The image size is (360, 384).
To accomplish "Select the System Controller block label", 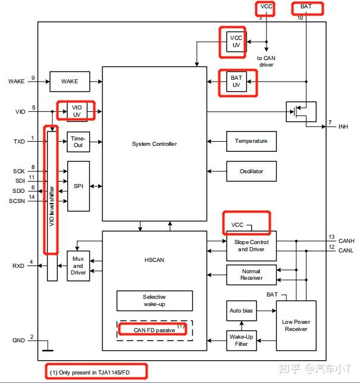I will click(154, 143).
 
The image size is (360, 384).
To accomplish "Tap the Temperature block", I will click(251, 141).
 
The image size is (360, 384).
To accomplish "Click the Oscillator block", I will click(251, 171).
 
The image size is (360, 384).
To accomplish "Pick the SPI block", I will click(78, 186).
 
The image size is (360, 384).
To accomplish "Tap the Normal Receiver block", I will click(251, 274).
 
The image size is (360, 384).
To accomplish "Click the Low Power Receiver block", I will click(296, 325).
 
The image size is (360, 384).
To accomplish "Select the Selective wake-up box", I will click(154, 301).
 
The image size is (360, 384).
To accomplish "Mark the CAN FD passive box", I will click(154, 329).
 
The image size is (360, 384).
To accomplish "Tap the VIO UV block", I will click(76, 111).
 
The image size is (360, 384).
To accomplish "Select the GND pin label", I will click(18, 341).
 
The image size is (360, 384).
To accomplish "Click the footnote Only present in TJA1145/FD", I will click(96, 372).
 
